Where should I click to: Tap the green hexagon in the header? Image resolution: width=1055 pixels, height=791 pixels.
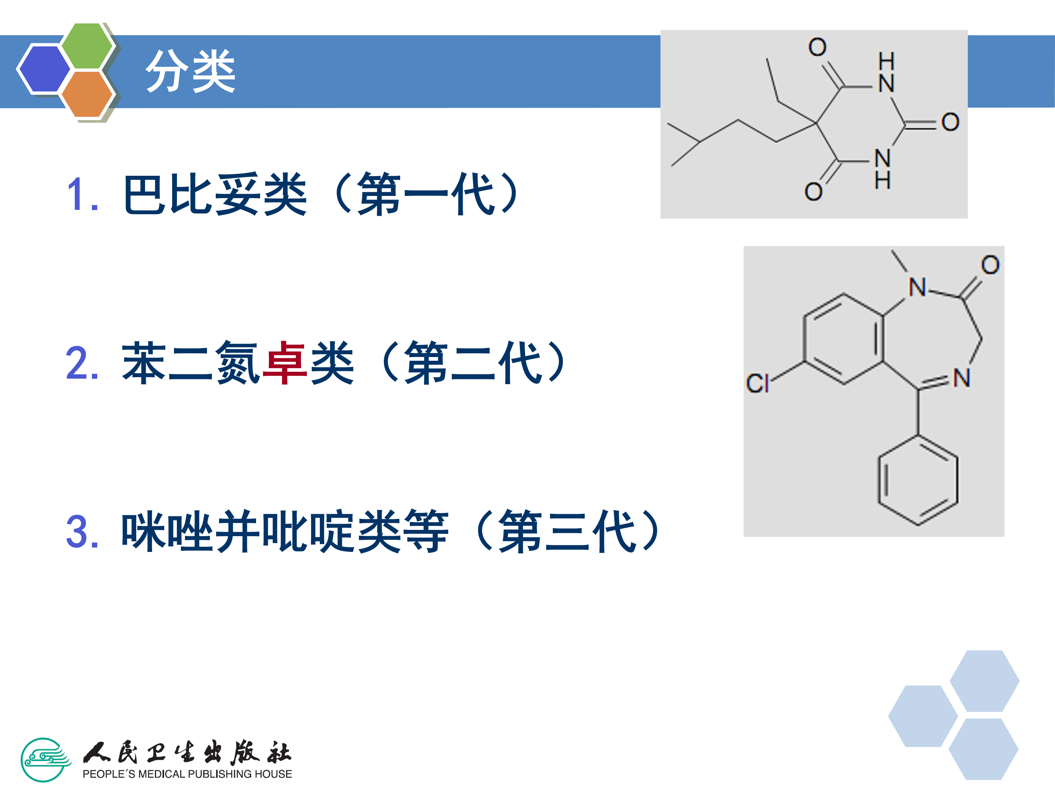(x=87, y=46)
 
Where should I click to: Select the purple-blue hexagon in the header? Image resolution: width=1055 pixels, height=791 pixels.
(x=44, y=68)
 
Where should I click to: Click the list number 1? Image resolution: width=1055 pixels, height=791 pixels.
(x=82, y=194)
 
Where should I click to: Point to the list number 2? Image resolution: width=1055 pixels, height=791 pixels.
(x=82, y=363)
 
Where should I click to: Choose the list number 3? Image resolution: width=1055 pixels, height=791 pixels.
(x=82, y=532)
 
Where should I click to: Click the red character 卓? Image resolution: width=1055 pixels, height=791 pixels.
(x=285, y=363)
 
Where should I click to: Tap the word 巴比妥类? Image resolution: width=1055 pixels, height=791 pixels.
(x=215, y=194)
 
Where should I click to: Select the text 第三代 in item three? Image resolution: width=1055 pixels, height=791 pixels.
(x=567, y=532)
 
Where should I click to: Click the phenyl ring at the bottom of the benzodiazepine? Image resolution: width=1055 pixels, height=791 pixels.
(x=918, y=480)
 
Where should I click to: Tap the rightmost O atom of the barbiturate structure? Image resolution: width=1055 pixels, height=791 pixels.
(x=950, y=122)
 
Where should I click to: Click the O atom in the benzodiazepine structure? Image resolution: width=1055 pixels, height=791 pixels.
(x=990, y=265)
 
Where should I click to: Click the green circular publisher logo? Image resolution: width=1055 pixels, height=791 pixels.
(x=44, y=760)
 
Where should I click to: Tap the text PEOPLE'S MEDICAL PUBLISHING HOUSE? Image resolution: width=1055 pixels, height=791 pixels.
(x=187, y=774)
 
